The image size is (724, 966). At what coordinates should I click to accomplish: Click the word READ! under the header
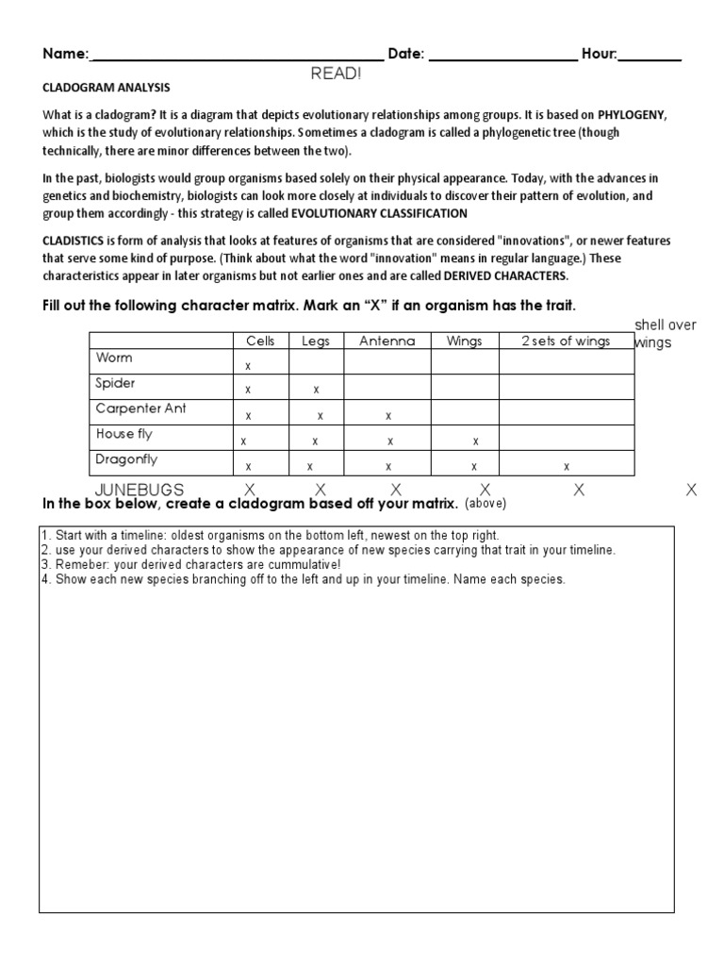click(336, 73)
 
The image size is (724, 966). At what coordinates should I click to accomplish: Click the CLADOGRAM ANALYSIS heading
click(106, 88)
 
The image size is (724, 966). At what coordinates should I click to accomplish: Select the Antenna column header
click(387, 341)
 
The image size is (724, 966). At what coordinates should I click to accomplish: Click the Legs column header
click(316, 341)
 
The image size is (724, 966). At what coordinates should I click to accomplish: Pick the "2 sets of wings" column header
click(566, 341)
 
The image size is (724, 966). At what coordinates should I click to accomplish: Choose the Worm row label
click(114, 358)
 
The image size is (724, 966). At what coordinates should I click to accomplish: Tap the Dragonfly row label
click(126, 459)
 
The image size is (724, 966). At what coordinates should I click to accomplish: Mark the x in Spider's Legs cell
click(316, 390)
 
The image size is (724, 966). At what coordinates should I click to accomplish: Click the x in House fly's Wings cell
click(475, 441)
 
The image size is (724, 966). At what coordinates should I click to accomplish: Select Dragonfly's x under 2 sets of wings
click(566, 466)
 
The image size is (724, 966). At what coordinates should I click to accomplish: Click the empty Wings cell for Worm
click(465, 362)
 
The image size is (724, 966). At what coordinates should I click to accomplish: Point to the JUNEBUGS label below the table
click(140, 490)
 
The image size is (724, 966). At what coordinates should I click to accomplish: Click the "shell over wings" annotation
click(666, 334)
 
